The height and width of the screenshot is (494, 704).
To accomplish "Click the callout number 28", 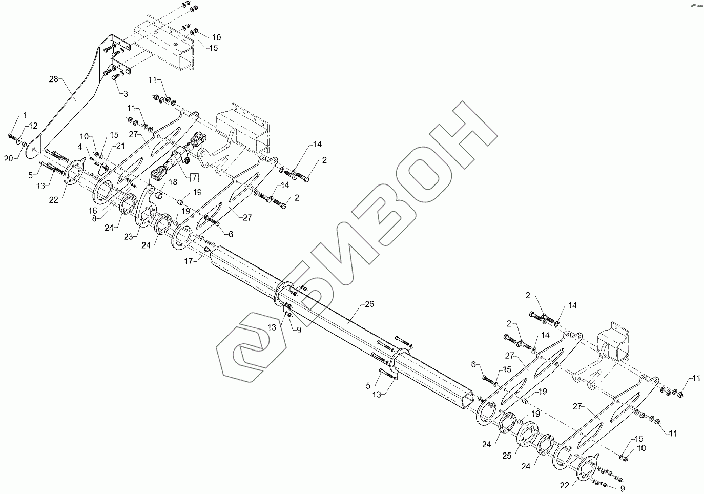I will pyautogui.click(x=54, y=79).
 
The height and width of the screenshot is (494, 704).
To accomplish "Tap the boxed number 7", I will pyautogui.click(x=194, y=178).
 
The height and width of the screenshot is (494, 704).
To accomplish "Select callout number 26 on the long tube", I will pyautogui.click(x=369, y=304).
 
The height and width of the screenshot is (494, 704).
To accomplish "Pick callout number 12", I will pyautogui.click(x=33, y=126).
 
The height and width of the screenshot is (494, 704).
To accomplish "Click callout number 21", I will pyautogui.click(x=120, y=146).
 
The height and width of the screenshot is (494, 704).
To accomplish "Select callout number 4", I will pyautogui.click(x=80, y=147).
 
